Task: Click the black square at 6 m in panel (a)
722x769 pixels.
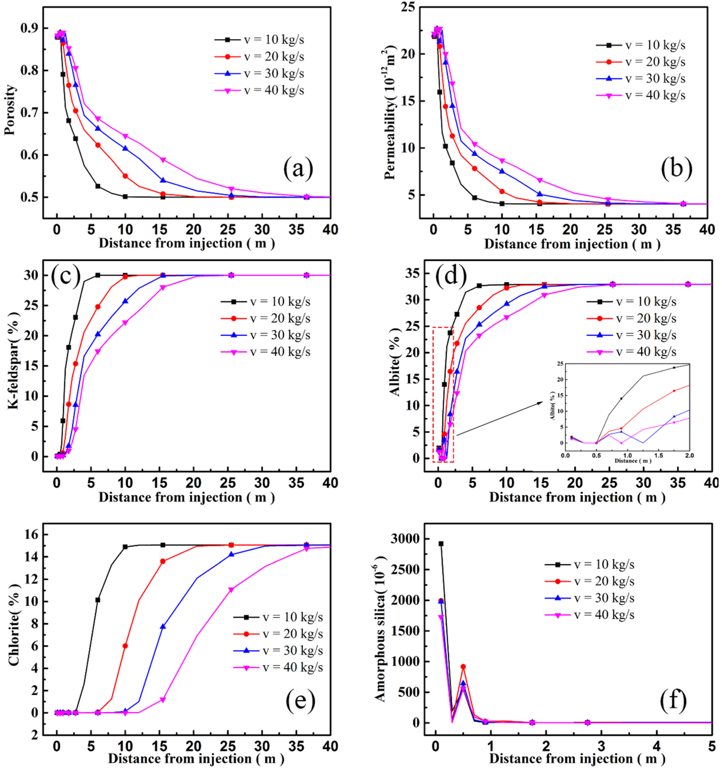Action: tap(98, 186)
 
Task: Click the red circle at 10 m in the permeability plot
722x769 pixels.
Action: tap(502, 191)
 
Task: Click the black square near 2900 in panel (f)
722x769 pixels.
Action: tap(441, 544)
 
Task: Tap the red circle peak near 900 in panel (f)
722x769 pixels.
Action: tap(463, 666)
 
